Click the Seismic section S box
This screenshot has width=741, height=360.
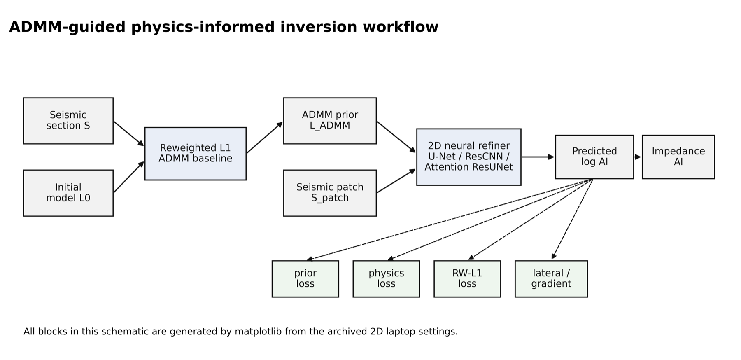point(68,121)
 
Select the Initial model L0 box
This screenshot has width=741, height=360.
point(68,193)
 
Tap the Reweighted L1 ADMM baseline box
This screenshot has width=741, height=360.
point(196,154)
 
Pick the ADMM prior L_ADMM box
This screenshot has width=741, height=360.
point(330,121)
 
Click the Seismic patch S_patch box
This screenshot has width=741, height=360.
point(330,193)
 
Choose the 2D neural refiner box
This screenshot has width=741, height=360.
point(469,157)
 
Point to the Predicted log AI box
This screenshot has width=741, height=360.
point(594,157)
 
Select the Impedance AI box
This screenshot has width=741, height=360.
point(678,157)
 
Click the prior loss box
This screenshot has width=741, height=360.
point(305,279)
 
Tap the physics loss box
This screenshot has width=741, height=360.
point(386,279)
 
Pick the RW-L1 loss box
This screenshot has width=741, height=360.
point(467,279)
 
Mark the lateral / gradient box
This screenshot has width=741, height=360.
point(551,279)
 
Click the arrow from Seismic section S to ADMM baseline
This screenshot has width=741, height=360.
point(129,133)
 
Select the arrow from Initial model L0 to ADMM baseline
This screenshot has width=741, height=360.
point(129,177)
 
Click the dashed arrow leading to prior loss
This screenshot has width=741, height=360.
point(450,220)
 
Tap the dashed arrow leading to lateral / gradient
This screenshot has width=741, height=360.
point(572,219)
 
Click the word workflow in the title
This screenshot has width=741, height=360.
point(401,27)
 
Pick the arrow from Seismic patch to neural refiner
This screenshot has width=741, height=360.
point(396,181)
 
